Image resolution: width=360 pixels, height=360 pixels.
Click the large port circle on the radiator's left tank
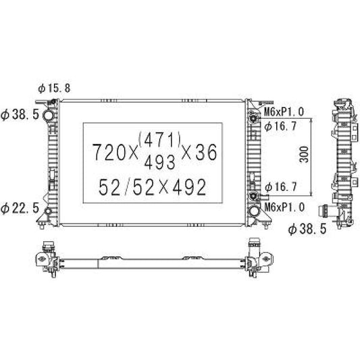pos(49,118)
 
